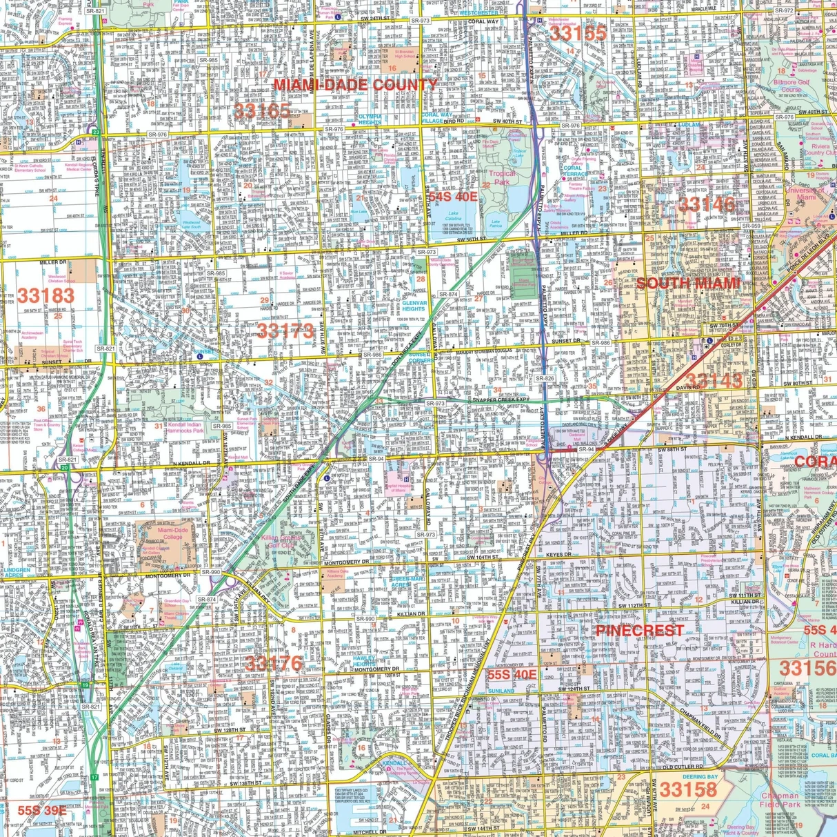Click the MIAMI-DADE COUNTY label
click(355, 85)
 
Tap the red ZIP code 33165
click(261, 110)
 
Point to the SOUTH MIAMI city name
click(687, 283)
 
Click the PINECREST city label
click(639, 631)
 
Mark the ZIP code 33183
click(46, 296)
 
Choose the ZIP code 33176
click(273, 663)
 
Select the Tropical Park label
click(501, 178)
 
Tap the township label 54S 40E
click(453, 197)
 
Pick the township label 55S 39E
click(42, 810)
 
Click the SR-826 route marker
click(544, 378)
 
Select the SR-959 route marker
click(751, 226)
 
